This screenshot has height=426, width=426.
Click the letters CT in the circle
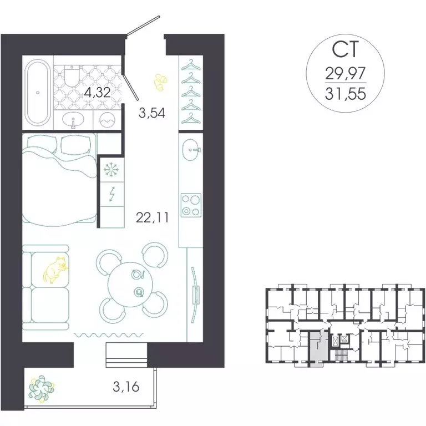346,50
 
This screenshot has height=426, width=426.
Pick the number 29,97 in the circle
346,74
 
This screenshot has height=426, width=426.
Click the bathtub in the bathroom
38,93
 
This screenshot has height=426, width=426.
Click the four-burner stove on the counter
191,204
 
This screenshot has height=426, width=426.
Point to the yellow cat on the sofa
55,270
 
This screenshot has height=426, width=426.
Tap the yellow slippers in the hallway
160,82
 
